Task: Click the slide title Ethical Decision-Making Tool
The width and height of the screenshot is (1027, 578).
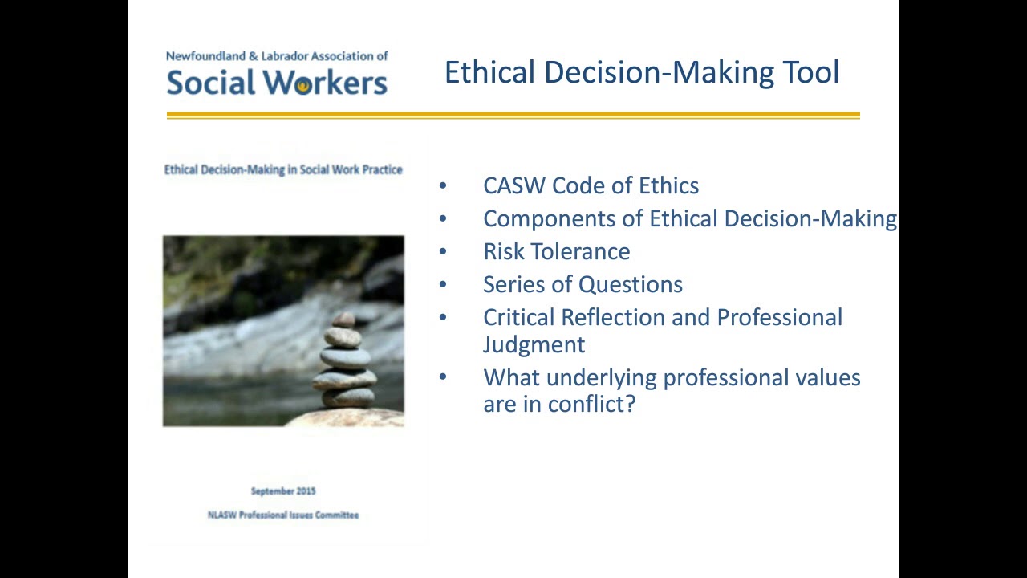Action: pos(641,72)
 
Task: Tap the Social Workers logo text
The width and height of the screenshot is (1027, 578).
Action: pos(277,83)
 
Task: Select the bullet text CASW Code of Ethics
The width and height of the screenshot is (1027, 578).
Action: pos(591,185)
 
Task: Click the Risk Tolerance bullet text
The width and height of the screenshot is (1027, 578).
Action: pos(556,251)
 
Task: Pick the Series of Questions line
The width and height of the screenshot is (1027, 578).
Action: pos(583,284)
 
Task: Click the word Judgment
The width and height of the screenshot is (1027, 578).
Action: pos(534,344)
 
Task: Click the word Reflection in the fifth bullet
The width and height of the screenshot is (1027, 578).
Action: pos(613,317)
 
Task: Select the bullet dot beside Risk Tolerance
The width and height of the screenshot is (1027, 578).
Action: pos(443,251)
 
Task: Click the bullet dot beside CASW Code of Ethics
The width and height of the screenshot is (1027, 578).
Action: pos(443,185)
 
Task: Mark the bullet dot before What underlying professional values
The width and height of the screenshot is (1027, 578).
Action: pos(443,377)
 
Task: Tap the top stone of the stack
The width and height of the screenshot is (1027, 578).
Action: pos(344,319)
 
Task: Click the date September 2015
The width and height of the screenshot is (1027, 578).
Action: pos(283,491)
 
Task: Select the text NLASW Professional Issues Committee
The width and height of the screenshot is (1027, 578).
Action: pos(283,515)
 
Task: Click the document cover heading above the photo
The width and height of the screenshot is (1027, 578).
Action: pos(283,169)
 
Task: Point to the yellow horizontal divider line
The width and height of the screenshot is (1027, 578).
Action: pos(513,116)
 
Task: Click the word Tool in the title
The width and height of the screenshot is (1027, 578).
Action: pos(810,72)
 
